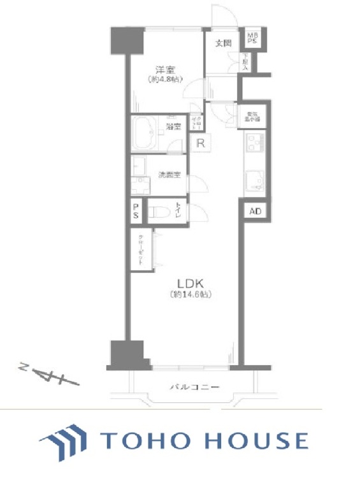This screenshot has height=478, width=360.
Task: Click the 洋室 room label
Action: pos(164,70)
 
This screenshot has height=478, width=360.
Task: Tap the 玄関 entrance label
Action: pos(222,43)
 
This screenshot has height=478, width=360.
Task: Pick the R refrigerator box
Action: pos(200,143)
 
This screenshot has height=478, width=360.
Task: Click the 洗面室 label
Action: pos(168,174)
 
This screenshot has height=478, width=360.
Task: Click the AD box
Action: pos(254,210)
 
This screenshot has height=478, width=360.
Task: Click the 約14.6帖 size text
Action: pos(191,294)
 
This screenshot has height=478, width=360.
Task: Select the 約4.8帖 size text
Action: pos(164,80)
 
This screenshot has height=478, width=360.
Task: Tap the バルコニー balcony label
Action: pos(194,387)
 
